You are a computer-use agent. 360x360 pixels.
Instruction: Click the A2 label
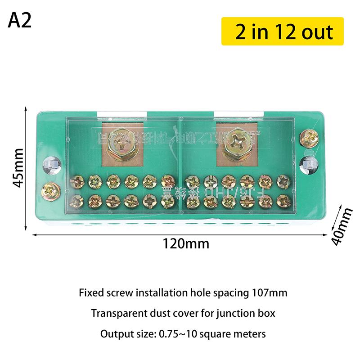pos(20,21)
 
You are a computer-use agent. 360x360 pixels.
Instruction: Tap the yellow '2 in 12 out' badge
pos(283,31)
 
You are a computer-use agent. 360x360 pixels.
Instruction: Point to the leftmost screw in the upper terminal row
pos(77,182)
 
